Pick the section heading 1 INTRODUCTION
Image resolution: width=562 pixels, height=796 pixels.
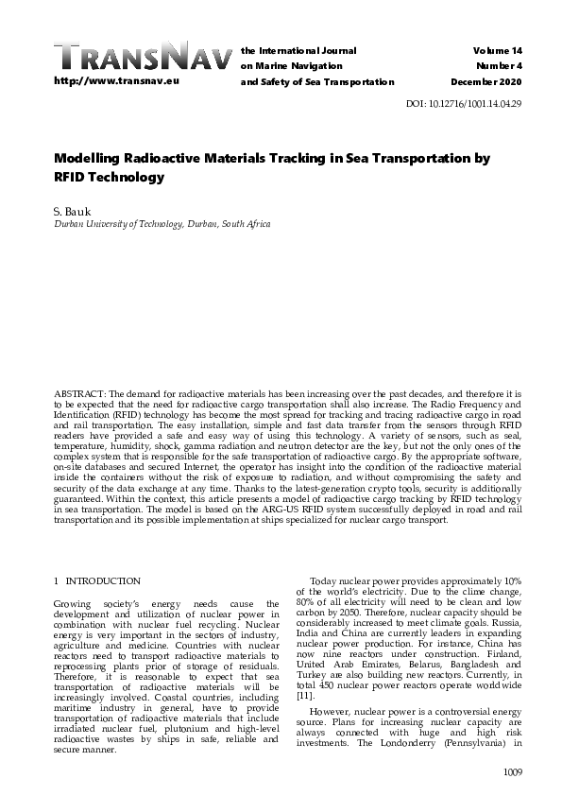(97, 580)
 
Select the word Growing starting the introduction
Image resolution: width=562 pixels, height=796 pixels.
(74, 603)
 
